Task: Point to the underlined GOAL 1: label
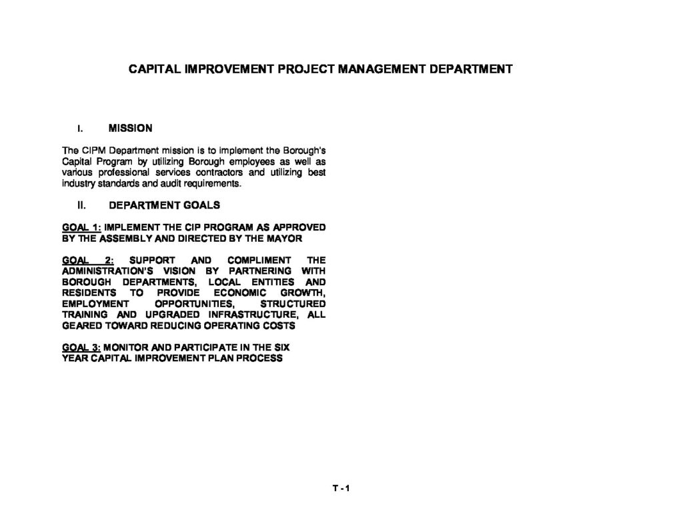click(81, 227)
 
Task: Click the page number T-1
click(341, 488)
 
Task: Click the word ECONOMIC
click(239, 292)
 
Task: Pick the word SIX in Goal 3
click(281, 347)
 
